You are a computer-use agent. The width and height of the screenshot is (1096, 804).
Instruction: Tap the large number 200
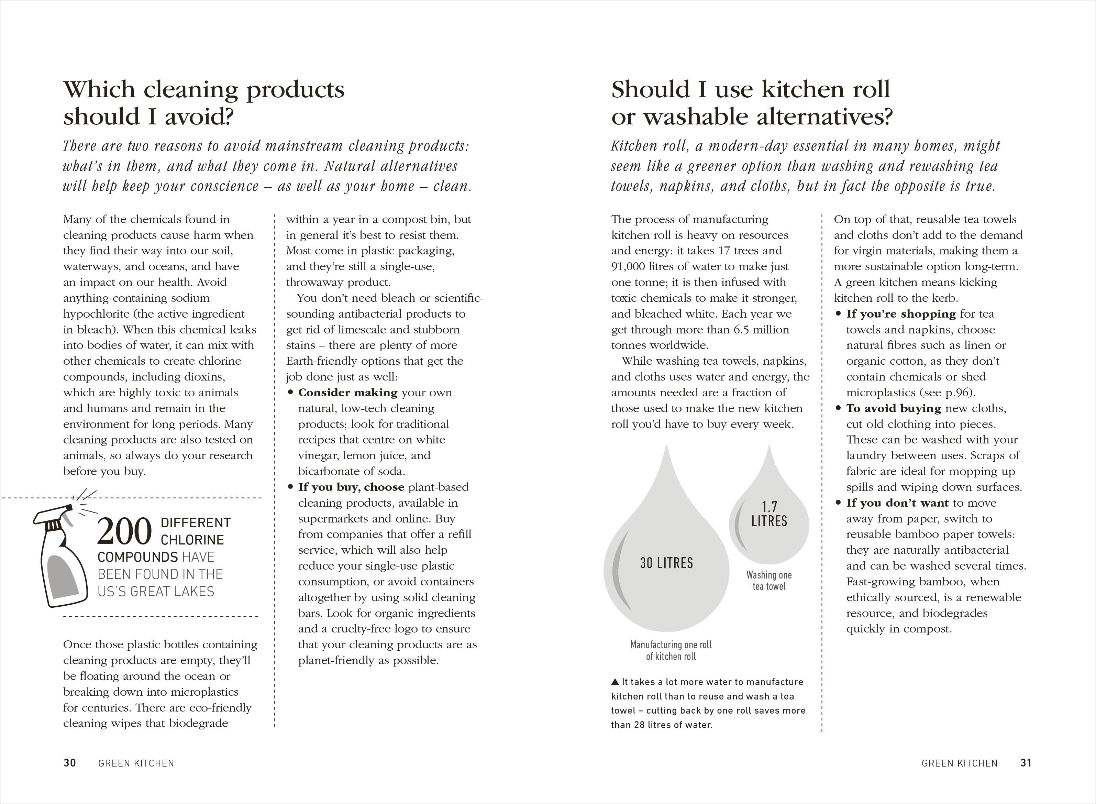click(124, 531)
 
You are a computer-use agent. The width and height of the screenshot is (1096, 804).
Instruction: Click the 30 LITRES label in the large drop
click(666, 563)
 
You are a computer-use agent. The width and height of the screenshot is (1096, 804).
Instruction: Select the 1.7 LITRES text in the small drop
click(769, 514)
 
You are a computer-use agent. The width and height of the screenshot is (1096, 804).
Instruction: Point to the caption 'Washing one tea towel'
click(769, 581)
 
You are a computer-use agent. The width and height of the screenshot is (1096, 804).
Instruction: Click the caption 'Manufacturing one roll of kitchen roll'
click(671, 650)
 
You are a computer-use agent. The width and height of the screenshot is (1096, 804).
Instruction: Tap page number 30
click(69, 763)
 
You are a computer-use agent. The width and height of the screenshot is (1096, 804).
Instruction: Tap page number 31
click(1026, 763)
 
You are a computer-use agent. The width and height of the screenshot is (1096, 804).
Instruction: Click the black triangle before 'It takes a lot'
click(615, 682)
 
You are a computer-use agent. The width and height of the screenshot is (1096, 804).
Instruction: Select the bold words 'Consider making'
click(348, 392)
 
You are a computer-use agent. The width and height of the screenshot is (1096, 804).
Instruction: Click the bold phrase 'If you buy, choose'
click(351, 487)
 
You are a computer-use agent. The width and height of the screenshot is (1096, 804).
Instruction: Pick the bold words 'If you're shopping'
click(901, 314)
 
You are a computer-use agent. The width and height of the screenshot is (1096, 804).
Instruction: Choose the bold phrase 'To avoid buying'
click(894, 408)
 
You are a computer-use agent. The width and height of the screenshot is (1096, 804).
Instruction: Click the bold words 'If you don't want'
click(897, 503)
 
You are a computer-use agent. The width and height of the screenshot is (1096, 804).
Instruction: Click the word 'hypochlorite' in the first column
click(98, 314)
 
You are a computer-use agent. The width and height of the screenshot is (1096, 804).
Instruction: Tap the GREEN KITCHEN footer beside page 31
click(959, 763)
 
